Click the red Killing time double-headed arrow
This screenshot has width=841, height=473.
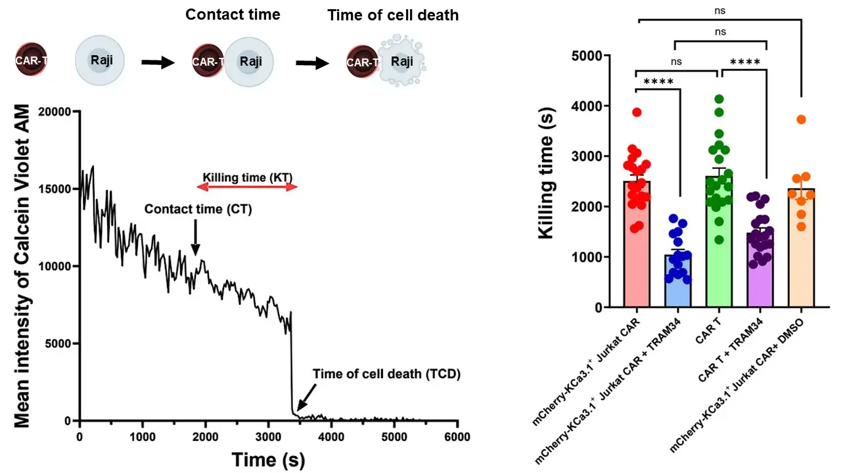pos(247,187)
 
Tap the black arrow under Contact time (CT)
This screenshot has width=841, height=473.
pos(195,237)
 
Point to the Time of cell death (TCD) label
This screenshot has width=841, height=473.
pos(386,374)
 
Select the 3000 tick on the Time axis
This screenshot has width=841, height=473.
pos(269,437)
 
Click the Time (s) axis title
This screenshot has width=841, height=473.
pos(268,459)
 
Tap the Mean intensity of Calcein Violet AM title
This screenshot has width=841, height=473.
pos(22,266)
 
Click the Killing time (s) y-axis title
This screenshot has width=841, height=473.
pos(545,173)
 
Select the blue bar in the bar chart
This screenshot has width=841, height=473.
pos(677,281)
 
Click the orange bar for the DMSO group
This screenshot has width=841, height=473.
pos(801,248)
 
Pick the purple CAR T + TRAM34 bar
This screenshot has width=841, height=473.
pos(760,270)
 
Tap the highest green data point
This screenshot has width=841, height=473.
pos(719,99)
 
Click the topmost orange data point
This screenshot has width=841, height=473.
pos(801,120)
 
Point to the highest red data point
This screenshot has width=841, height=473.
pos(637,112)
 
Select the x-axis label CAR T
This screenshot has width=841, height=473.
pos(708,330)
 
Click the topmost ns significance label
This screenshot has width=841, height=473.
pos(719,11)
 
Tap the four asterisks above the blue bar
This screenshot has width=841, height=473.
pos(658,81)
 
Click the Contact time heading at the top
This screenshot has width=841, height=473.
pos(233,14)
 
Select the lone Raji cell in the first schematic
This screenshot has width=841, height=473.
pos(99,60)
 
